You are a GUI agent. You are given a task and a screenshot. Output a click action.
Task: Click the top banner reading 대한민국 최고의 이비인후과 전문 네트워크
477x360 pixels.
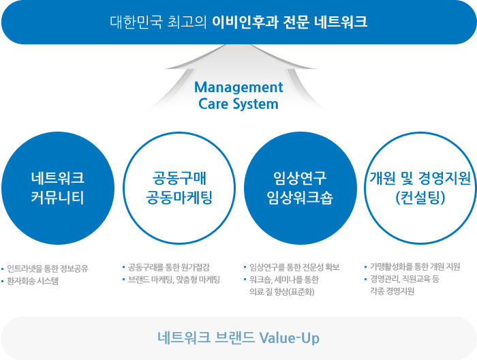(238, 22)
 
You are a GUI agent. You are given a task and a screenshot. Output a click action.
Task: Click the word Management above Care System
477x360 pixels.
(238, 88)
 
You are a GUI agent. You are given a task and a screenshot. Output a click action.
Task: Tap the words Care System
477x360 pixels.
(238, 104)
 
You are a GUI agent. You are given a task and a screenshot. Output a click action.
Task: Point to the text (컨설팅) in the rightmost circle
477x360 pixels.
(420, 198)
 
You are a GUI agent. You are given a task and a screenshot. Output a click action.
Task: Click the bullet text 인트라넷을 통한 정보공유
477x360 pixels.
(48, 268)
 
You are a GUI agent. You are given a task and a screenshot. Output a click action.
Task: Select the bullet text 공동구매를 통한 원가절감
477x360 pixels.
(168, 267)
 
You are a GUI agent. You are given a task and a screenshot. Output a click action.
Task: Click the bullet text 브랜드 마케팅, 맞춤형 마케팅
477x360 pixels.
(174, 280)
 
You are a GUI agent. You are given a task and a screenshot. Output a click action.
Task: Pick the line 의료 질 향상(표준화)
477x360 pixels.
(279, 292)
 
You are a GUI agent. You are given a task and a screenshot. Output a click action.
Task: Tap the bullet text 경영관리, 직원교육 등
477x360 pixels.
(405, 279)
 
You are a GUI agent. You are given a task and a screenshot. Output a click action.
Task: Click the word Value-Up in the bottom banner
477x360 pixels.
(290, 338)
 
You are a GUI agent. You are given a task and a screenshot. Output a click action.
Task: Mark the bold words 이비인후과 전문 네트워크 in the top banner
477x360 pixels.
(290, 22)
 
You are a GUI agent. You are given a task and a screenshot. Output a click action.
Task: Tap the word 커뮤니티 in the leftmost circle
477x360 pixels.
(58, 198)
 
